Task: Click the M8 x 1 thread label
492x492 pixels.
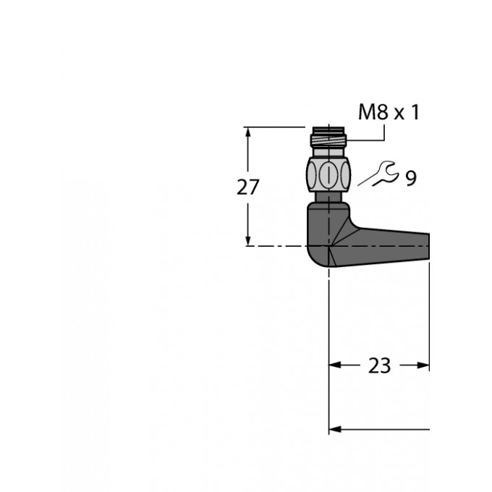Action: [x=389, y=112]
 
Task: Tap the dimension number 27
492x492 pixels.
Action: [x=248, y=187]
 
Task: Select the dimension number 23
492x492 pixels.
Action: [x=379, y=365]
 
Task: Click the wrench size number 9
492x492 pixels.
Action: [x=411, y=178]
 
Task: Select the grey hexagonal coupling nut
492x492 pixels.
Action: [x=328, y=174]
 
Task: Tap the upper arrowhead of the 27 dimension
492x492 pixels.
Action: [x=248, y=132]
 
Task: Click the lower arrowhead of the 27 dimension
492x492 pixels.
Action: [x=248, y=240]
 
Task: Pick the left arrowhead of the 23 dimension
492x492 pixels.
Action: [x=335, y=365]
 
